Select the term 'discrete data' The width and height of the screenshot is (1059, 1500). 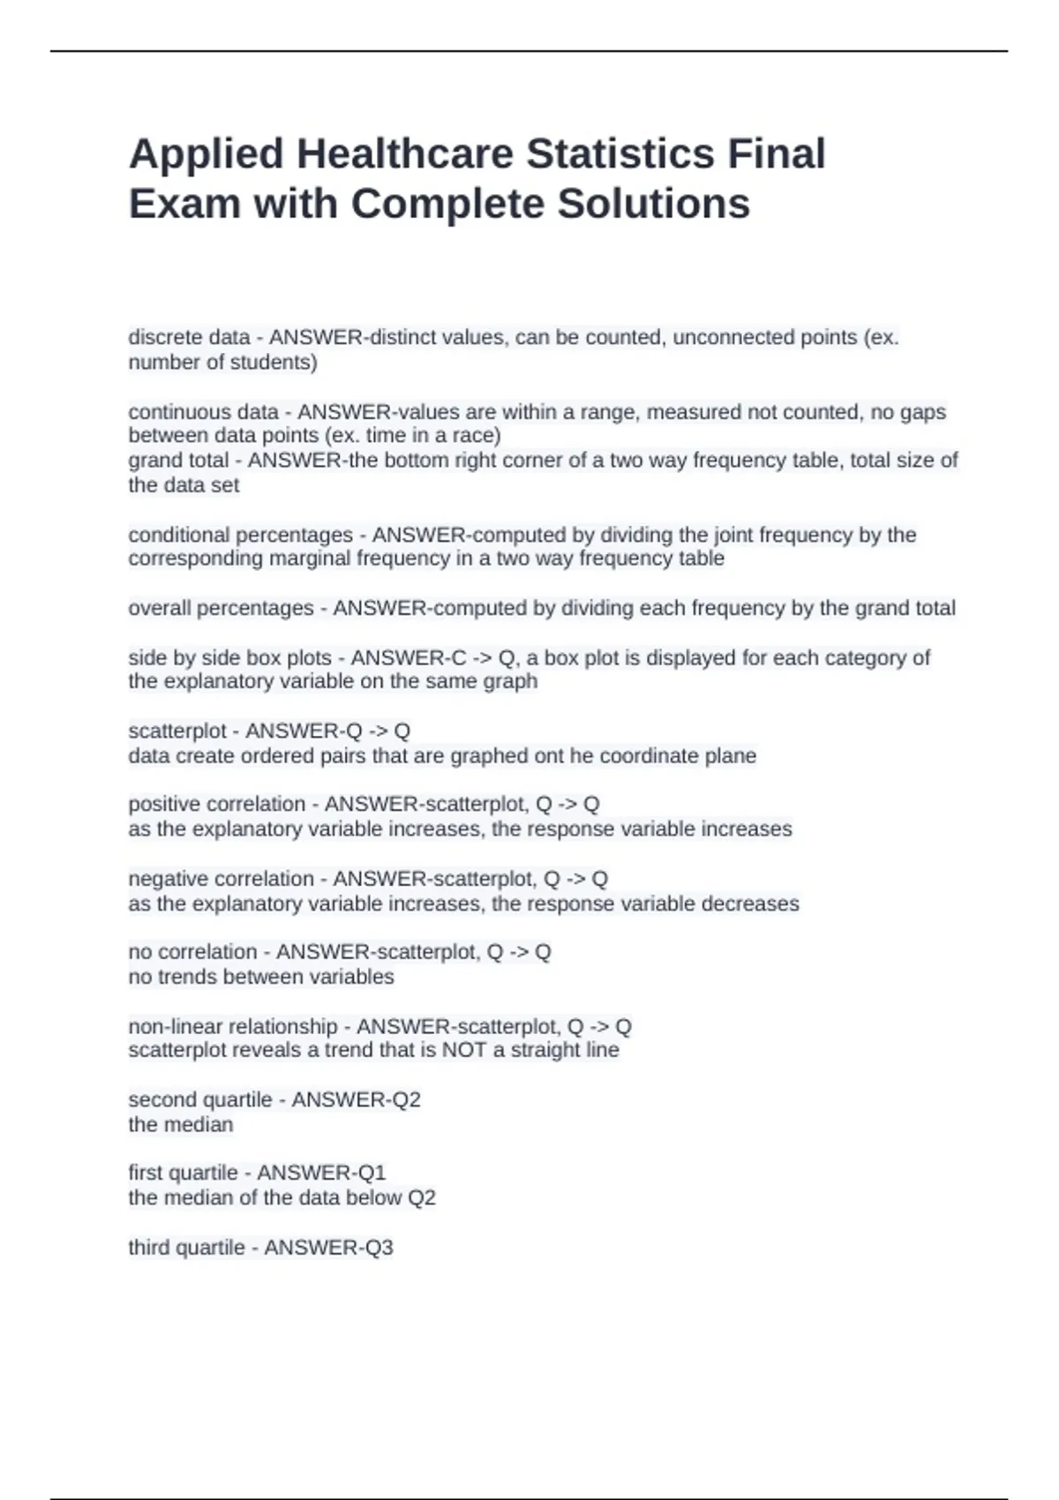click(x=189, y=337)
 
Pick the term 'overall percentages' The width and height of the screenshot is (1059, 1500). click(x=221, y=608)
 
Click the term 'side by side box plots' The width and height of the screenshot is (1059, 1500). click(x=229, y=658)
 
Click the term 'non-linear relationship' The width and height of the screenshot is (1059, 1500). click(x=233, y=1026)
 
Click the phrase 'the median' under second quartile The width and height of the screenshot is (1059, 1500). click(x=181, y=1125)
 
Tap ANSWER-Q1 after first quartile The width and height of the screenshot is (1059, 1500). click(x=321, y=1173)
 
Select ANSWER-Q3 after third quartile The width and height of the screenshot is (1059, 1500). click(x=328, y=1248)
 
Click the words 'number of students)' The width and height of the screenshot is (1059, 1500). click(x=222, y=363)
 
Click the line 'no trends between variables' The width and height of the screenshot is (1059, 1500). click(x=261, y=977)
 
